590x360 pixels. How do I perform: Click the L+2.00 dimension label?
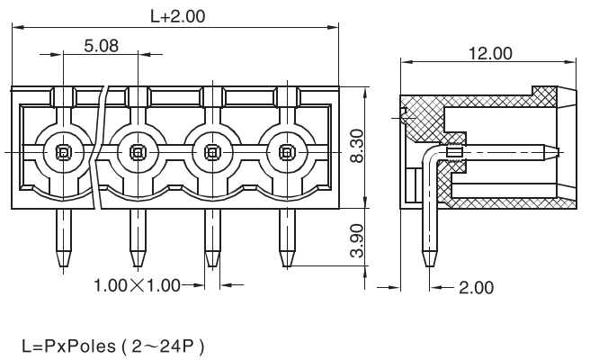(177, 15)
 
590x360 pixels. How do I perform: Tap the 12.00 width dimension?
(490, 54)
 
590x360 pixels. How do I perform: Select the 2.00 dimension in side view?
(476, 288)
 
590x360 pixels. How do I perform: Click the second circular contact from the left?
(138, 151)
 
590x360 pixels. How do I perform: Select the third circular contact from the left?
(212, 151)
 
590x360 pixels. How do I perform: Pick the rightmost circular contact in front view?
(287, 151)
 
